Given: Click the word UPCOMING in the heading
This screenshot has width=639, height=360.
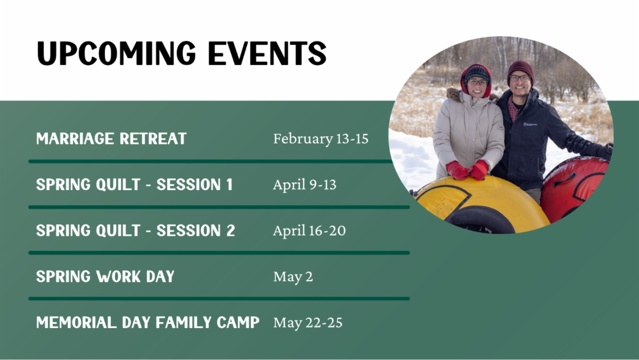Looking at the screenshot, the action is (x=116, y=53).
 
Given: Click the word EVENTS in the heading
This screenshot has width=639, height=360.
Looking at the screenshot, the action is (x=267, y=53).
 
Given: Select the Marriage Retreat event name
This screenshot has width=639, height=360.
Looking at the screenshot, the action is (x=111, y=139).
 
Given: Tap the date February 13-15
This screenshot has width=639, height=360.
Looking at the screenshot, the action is (x=321, y=139).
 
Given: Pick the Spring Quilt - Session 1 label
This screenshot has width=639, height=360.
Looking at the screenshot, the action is (x=134, y=185).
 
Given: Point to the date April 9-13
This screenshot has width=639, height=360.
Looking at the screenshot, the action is (x=305, y=185).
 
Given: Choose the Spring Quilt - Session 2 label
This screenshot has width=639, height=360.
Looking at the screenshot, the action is (x=135, y=231).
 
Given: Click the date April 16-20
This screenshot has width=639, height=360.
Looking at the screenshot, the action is (x=309, y=231).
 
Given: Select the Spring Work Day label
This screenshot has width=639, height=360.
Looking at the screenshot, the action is (x=105, y=276).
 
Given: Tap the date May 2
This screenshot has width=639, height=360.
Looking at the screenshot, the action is (x=293, y=277).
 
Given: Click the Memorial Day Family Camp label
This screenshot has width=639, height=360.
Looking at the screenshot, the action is (x=148, y=322).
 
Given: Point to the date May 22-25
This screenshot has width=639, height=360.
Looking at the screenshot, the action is (x=308, y=323).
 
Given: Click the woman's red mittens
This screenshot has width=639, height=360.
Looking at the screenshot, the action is (x=468, y=170).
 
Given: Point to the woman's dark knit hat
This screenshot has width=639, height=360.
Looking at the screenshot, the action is (x=477, y=73).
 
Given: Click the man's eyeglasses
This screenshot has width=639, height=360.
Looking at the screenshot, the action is (x=520, y=78).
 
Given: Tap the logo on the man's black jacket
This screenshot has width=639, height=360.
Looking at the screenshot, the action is (x=530, y=124).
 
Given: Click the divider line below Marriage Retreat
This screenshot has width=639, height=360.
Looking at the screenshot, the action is (x=211, y=161).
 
